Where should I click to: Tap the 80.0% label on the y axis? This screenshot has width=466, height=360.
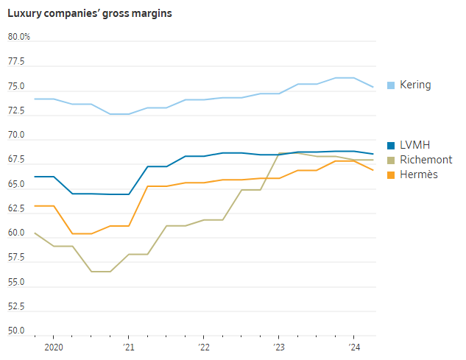19,37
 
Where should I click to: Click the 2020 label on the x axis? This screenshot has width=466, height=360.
53,346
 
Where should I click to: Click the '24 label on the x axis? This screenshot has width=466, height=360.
353,346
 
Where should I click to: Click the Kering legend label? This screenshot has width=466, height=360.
415,85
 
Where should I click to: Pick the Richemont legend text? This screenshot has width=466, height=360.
426,160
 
